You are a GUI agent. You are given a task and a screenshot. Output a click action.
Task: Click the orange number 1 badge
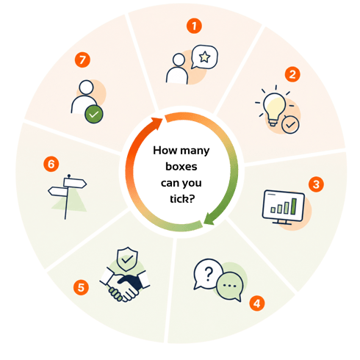(x=194, y=26)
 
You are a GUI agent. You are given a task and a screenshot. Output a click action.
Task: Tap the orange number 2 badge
(x=292, y=74)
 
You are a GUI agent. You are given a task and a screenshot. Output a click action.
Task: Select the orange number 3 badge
(x=316, y=184)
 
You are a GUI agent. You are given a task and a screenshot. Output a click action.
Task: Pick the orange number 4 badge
(x=257, y=303)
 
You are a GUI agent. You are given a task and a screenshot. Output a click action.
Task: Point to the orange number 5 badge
(x=81, y=287)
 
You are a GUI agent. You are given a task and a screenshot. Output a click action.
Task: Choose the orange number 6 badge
(x=51, y=164)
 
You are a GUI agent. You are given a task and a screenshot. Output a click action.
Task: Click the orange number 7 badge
(x=82, y=60)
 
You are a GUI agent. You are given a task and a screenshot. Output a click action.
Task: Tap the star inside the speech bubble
(x=204, y=57)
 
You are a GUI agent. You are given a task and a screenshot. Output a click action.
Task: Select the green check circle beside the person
(x=94, y=114)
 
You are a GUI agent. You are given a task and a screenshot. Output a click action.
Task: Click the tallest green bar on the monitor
(x=294, y=206)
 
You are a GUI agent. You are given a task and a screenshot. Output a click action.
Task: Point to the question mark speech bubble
(x=208, y=274)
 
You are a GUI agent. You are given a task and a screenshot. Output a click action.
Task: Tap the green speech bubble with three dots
(x=230, y=286)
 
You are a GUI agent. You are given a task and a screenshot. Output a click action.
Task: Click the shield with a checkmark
(x=127, y=259)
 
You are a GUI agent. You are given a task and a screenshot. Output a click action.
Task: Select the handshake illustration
(x=125, y=285)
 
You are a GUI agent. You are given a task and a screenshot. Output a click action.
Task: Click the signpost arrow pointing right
(x=75, y=183)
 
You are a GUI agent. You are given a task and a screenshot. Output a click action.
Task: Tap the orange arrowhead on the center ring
(x=156, y=123)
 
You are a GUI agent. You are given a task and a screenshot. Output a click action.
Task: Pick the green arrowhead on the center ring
(x=209, y=219)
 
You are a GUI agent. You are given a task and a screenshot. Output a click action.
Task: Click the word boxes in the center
(x=181, y=167)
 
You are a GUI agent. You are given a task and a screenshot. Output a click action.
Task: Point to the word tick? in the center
(x=182, y=199)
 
